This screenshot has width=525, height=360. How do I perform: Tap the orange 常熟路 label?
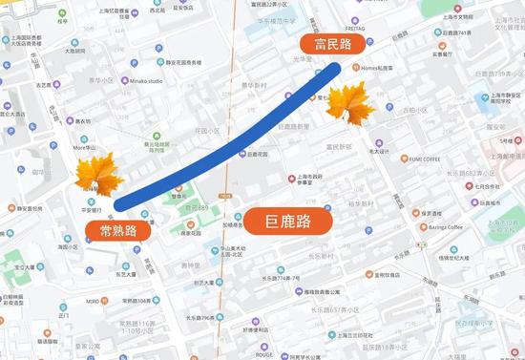111,230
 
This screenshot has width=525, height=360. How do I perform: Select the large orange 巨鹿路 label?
286,222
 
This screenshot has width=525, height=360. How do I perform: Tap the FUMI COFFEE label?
418,159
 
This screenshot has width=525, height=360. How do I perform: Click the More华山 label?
86,148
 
